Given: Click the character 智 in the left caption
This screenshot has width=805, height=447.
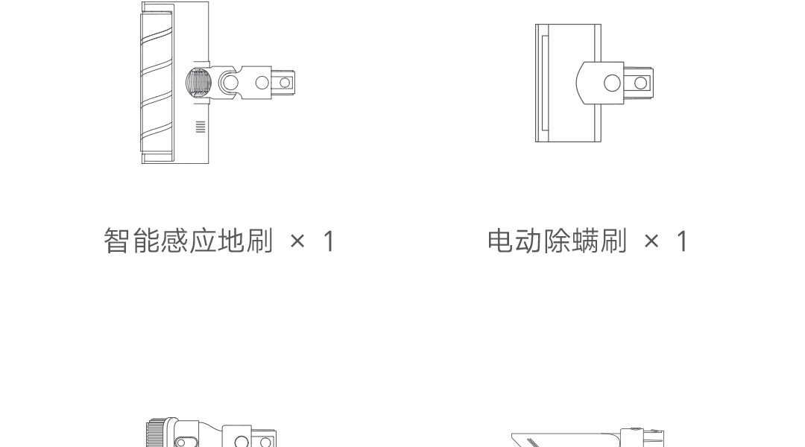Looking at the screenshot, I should pyautogui.click(x=117, y=241).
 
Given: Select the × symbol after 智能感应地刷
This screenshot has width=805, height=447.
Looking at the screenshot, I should pyautogui.click(x=297, y=242).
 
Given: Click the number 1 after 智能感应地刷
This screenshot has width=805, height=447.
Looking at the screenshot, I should pyautogui.click(x=328, y=241).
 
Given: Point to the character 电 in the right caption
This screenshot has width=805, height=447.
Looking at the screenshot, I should pyautogui.click(x=500, y=241).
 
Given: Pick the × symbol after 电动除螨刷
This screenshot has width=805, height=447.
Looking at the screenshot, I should pyautogui.click(x=652, y=242).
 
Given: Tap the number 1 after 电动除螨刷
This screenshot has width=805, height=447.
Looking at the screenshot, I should pyautogui.click(x=682, y=241).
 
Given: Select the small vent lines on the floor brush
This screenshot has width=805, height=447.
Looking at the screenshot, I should pyautogui.click(x=200, y=127).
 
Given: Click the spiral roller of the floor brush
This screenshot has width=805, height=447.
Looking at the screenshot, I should pyautogui.click(x=157, y=82).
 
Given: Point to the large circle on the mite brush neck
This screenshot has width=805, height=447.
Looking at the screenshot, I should pyautogui.click(x=612, y=83).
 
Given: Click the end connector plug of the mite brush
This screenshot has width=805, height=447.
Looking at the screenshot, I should pyautogui.click(x=640, y=83).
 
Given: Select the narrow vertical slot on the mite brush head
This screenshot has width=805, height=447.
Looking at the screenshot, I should pyautogui.click(x=542, y=83).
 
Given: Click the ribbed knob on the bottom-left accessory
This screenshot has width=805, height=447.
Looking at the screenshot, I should pyautogui.click(x=154, y=434).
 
